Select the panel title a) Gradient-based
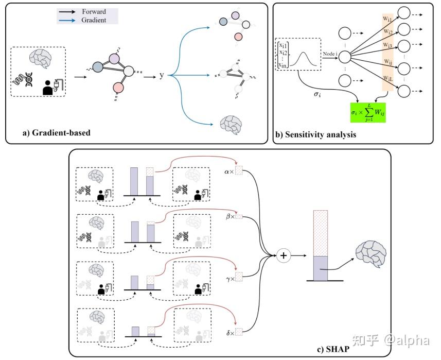click(56, 132)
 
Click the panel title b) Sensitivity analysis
click(315, 135)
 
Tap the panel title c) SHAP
click(334, 350)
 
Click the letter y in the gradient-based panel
click(162, 75)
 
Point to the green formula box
click(367, 112)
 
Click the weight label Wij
click(386, 62)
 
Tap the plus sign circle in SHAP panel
click(284, 255)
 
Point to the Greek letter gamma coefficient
click(229, 279)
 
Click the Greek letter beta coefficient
click(229, 216)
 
